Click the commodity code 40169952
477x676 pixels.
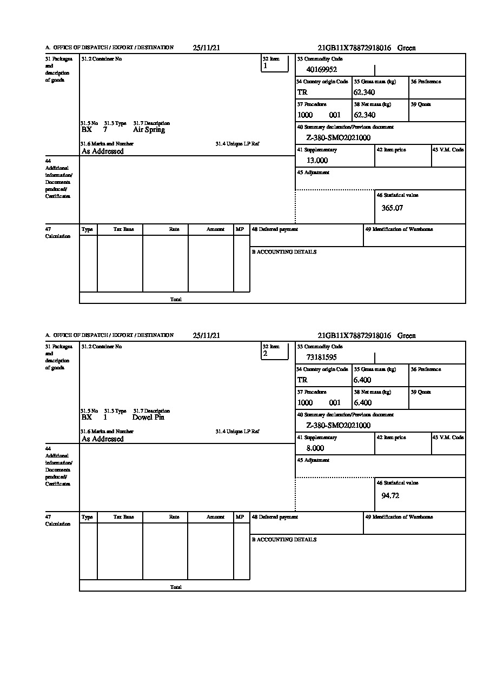coord(322,69)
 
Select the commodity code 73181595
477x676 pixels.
coord(322,357)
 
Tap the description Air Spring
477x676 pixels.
coord(149,130)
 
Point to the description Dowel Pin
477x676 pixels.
coord(148,417)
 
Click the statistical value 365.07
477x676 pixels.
coord(392,208)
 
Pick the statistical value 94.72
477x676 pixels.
coord(390,495)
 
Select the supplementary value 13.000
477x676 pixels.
coord(317,160)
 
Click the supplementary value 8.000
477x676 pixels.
coord(315,448)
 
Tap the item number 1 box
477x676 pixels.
coord(275,64)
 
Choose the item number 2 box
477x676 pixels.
coord(275,352)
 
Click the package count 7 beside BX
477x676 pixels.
coord(105,130)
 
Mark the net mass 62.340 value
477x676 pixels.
coord(365,115)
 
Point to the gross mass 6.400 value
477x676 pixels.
coord(362,380)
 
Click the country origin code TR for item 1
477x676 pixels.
coord(302,92)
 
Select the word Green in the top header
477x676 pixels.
coord(407,48)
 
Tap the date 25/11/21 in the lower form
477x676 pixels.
coord(206,335)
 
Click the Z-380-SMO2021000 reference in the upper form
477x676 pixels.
coord(338,137)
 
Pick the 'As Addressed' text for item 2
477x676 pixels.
coord(102,439)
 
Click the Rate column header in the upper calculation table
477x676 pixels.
coord(174,229)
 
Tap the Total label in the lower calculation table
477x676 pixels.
coord(176,587)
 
